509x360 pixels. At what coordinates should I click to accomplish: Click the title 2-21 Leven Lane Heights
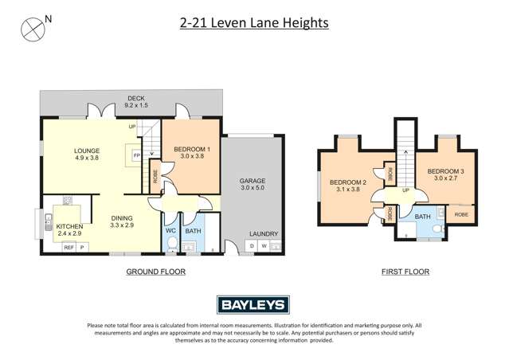click(x=254, y=23)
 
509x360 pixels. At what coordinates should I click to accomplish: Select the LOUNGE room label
click(x=86, y=149)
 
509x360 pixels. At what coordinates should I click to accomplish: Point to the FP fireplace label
click(x=136, y=155)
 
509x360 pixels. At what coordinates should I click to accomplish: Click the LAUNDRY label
click(x=264, y=234)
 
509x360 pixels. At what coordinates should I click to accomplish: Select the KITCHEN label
click(x=69, y=227)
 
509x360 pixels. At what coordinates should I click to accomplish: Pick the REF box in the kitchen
click(x=69, y=248)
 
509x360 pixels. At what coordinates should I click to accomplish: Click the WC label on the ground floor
click(x=170, y=232)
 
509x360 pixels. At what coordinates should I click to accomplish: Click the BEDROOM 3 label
click(x=444, y=171)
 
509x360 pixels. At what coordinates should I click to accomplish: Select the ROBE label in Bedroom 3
click(x=461, y=214)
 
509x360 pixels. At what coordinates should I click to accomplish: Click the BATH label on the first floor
click(x=423, y=216)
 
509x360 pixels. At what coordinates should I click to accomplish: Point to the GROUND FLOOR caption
click(x=156, y=272)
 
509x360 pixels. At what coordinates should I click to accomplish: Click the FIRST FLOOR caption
click(x=405, y=272)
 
